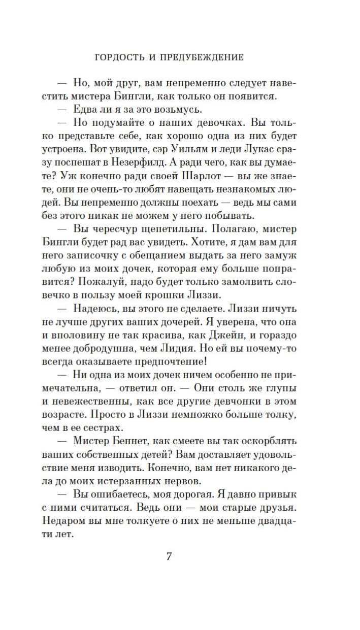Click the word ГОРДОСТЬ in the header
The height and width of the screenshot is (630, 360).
121,57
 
